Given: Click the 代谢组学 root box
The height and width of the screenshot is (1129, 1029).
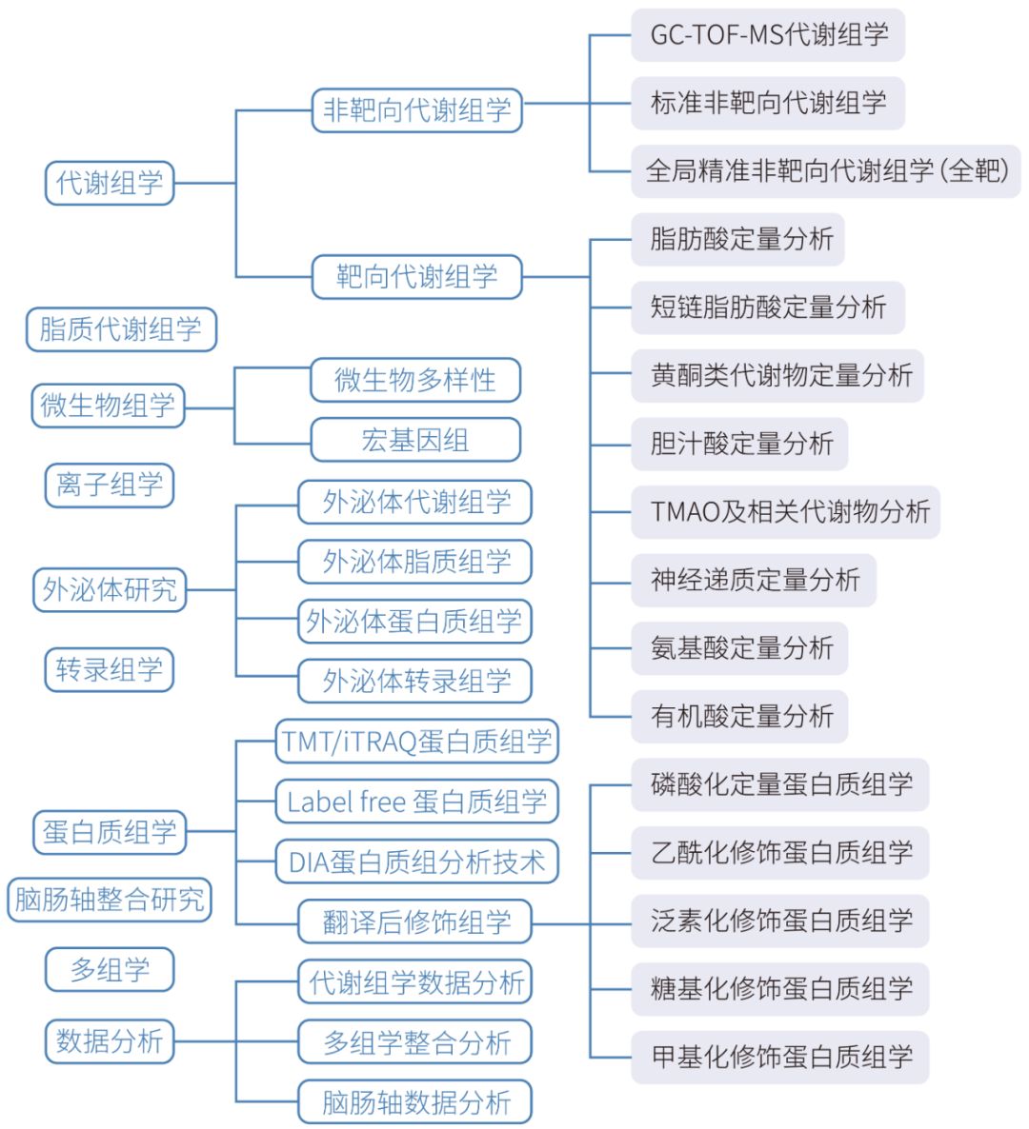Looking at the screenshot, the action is (x=110, y=183).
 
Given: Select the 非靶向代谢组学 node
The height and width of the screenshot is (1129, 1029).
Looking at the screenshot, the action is (x=416, y=110).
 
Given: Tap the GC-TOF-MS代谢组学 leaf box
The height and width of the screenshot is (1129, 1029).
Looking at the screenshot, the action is (x=768, y=34).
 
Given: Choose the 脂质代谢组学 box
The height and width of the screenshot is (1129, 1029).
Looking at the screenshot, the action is (x=121, y=329).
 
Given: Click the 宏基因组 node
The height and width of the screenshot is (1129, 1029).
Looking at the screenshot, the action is (x=415, y=440).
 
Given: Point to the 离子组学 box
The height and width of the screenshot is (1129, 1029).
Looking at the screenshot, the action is (x=110, y=485).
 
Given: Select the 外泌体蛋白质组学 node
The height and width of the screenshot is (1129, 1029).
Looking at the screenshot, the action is (x=415, y=622).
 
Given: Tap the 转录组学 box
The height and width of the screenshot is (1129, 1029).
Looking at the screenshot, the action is (x=110, y=669).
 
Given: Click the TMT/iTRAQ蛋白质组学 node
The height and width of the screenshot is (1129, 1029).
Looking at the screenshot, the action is (x=417, y=742).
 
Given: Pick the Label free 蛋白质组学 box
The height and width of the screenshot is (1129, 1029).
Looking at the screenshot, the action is (x=417, y=802).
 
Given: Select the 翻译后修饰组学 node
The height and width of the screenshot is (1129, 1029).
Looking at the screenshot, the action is (x=415, y=921).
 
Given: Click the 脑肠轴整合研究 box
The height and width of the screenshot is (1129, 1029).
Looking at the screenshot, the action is (x=110, y=900).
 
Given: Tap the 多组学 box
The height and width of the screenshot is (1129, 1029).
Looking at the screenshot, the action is (x=110, y=970).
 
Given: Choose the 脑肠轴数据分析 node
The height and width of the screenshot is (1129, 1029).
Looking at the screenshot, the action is (x=415, y=1101).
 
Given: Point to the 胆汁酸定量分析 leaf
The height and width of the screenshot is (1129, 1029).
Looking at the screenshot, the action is (x=739, y=444).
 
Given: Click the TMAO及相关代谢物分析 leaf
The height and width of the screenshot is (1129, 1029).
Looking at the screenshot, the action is (x=785, y=512).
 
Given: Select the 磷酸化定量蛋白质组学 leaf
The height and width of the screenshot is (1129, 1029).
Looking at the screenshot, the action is (x=780, y=784).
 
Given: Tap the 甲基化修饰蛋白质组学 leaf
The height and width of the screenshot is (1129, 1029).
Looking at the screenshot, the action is (x=780, y=1057).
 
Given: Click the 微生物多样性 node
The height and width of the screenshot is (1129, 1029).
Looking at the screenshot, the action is (x=415, y=380).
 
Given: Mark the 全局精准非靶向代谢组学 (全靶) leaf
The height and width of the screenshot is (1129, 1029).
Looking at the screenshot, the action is (x=826, y=171).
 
